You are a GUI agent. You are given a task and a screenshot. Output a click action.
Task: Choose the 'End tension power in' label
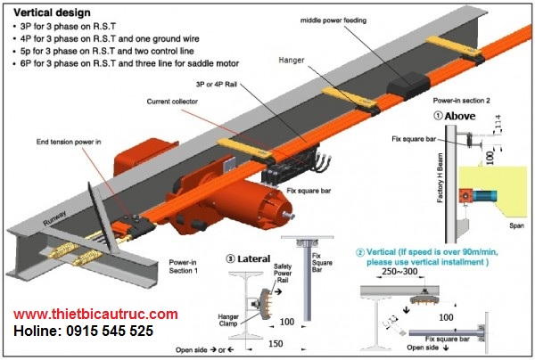(x=68, y=142)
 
